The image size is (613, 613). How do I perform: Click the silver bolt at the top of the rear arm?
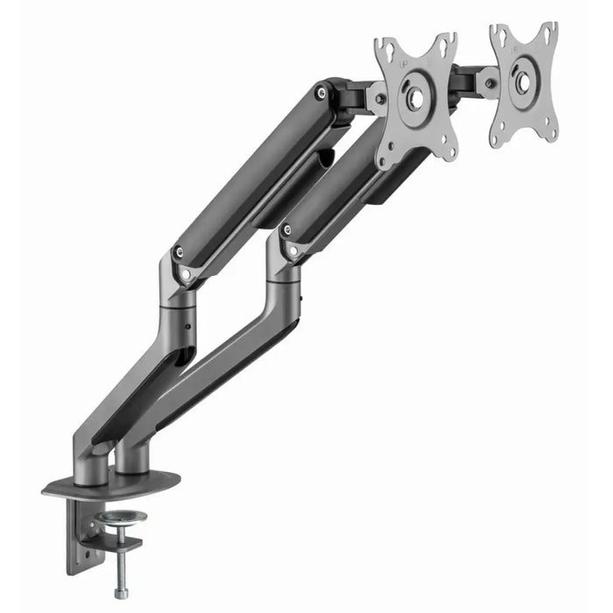coord(325,89)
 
